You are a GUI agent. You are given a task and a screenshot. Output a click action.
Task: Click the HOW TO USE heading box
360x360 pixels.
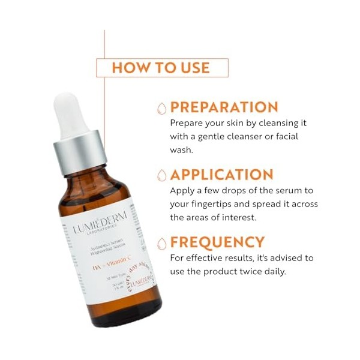(x=161, y=67)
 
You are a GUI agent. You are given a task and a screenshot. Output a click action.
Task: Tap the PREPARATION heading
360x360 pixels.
(x=224, y=107)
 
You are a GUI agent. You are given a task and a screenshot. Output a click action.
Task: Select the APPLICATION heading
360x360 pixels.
(x=221, y=175)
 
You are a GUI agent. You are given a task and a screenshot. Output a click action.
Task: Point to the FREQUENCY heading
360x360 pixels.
(x=217, y=242)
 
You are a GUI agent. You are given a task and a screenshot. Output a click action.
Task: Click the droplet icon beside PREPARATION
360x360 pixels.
(x=161, y=108)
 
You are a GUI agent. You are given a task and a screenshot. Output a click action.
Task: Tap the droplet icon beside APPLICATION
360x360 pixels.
(x=161, y=175)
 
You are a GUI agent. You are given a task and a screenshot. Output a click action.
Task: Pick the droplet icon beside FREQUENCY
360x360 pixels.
(x=161, y=243)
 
